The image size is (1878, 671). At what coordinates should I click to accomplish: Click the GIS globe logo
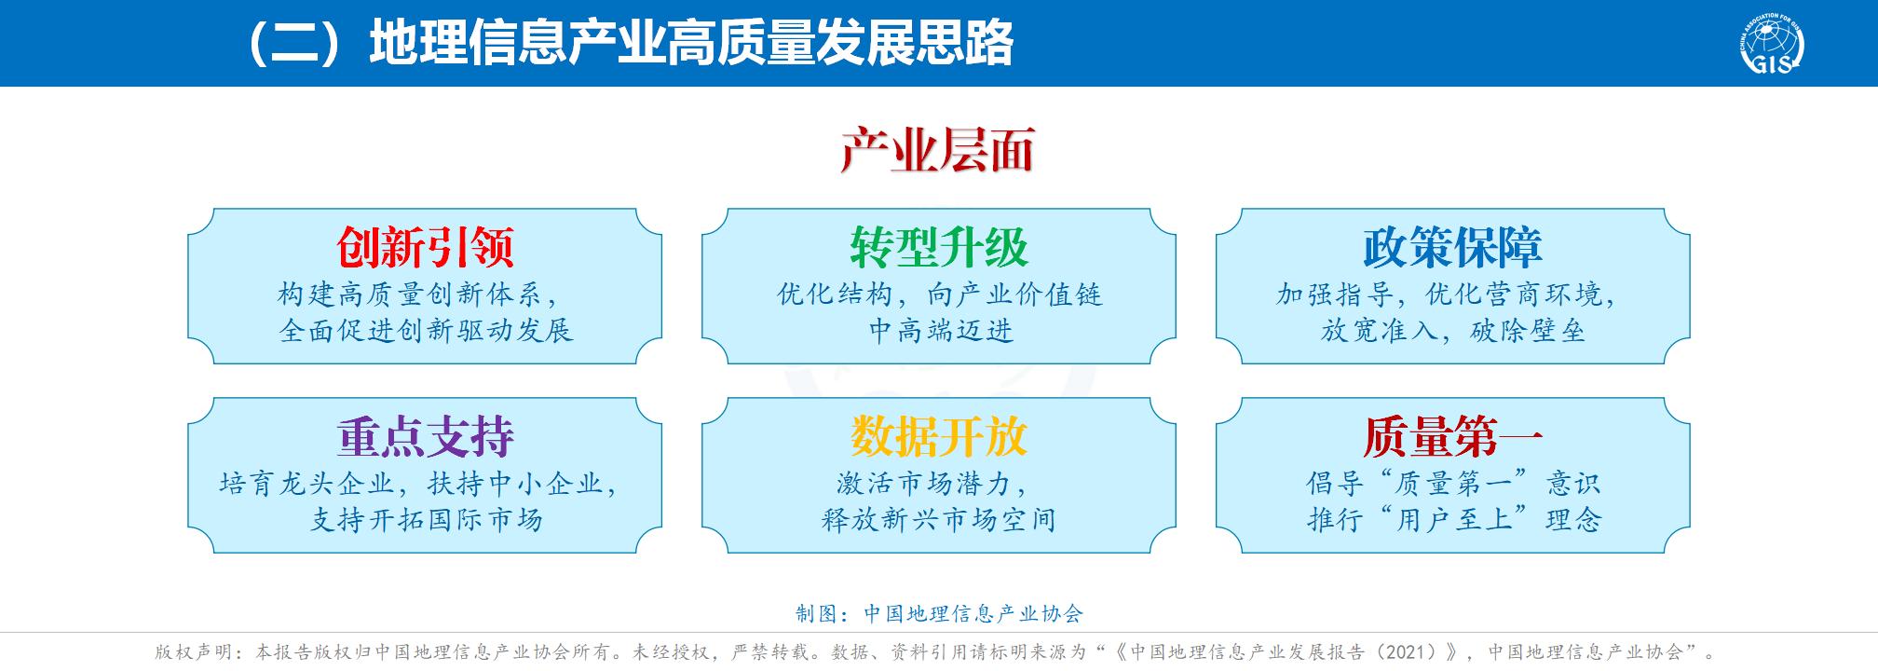(x=1771, y=43)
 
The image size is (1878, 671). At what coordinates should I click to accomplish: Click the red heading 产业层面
(x=937, y=150)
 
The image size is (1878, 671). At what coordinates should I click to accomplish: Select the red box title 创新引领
(x=426, y=247)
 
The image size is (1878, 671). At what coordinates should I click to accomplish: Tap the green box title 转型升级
(x=939, y=247)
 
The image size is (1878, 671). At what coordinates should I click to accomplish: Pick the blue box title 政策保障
(x=1453, y=247)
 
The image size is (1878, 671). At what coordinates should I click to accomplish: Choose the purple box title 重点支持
(x=426, y=436)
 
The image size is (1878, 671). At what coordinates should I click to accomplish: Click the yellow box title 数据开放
(x=939, y=436)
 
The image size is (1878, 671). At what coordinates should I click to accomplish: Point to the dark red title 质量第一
(x=1453, y=436)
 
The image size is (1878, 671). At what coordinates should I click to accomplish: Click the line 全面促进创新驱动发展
(x=426, y=331)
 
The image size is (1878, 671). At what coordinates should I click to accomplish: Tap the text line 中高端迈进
(x=941, y=331)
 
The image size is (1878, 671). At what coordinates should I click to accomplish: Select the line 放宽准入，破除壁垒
(x=1453, y=331)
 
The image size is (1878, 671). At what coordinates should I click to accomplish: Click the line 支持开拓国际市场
(x=426, y=519)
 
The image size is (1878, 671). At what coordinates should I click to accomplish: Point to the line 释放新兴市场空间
(x=939, y=519)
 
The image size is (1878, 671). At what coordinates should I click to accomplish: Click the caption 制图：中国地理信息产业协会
(x=939, y=613)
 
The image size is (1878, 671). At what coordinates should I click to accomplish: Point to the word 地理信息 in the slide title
(x=467, y=44)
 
